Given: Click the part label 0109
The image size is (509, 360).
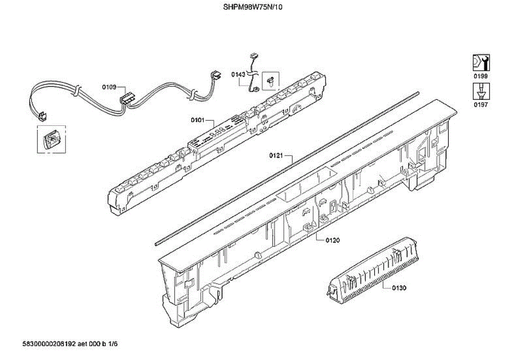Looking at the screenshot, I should (x=109, y=87).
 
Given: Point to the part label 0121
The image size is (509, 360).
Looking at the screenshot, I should (x=276, y=156).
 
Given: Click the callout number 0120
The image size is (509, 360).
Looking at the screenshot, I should (x=333, y=240).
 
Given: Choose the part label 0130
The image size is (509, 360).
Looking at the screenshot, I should (x=399, y=288).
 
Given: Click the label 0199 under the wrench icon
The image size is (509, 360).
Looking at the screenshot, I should (x=481, y=76).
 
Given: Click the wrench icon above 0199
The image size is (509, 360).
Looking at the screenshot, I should (x=481, y=63).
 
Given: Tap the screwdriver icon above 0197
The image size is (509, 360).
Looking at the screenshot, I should (x=481, y=92).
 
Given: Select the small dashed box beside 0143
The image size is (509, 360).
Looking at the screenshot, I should (x=270, y=80).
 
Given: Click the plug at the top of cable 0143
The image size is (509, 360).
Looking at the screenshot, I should (x=255, y=55).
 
